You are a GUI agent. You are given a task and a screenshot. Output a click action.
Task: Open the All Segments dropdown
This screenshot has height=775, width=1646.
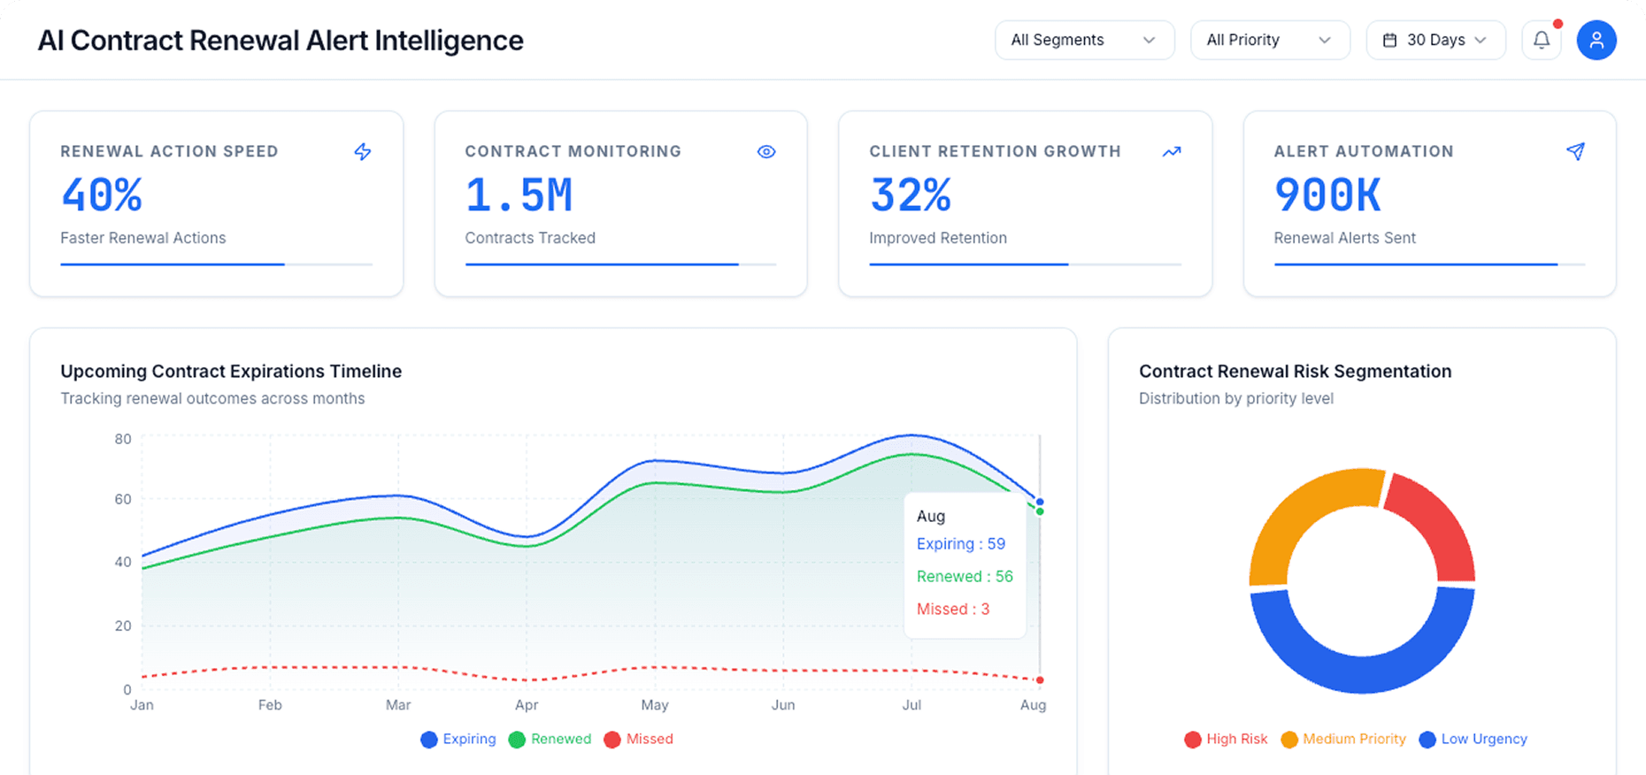pos(1084,40)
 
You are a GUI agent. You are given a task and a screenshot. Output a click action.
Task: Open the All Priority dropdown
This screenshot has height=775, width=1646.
pos(1269,40)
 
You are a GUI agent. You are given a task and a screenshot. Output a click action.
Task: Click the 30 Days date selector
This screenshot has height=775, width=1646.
pos(1434,40)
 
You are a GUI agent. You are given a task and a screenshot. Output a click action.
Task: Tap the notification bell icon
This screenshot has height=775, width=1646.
pos(1542,40)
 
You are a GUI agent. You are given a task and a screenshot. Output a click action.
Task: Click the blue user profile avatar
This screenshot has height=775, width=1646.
pos(1596,40)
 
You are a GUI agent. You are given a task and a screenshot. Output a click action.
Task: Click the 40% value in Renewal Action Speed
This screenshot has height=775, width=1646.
pos(102,195)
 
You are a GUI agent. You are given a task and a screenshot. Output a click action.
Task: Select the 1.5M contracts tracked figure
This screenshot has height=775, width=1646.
pos(519,195)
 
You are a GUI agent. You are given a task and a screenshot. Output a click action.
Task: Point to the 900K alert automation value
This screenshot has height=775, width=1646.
pos(1327,195)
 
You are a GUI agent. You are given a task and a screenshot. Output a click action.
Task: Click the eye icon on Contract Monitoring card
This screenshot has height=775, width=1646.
pos(766,151)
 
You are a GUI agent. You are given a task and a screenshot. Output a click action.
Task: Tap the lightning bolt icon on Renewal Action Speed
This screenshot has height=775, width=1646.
pos(363,151)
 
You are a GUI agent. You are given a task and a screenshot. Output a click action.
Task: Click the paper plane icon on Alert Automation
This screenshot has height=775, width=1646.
pos(1575,151)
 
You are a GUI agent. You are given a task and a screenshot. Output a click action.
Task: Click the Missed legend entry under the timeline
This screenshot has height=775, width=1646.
pos(638,739)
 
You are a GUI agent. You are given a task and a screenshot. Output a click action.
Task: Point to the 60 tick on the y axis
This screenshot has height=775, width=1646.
pos(123,499)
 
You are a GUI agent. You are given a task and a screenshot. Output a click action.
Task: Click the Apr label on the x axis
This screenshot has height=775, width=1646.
pos(526,705)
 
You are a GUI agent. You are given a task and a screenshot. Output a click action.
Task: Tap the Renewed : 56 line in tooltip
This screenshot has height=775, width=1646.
pos(965,576)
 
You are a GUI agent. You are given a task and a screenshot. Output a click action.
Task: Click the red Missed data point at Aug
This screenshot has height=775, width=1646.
pos(1040,680)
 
